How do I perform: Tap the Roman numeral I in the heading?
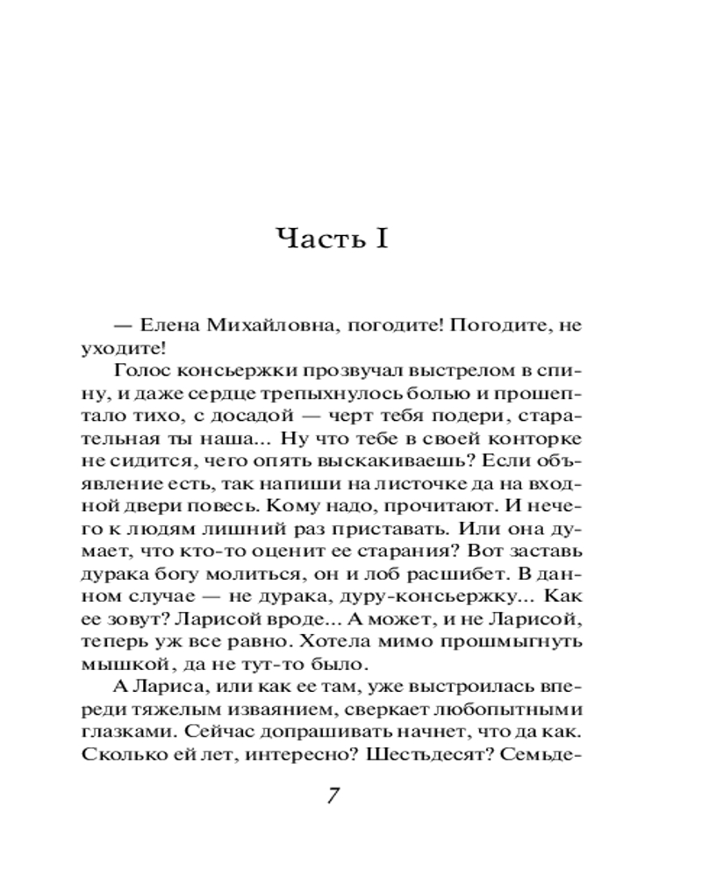[x=380, y=239]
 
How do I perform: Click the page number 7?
[x=333, y=797]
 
